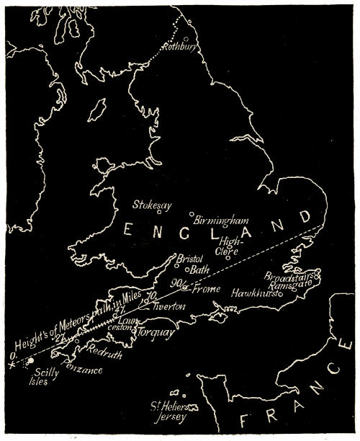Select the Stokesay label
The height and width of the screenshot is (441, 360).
click(152, 205)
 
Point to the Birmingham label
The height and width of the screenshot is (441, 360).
click(220, 220)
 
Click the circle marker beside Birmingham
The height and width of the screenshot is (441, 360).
click(192, 214)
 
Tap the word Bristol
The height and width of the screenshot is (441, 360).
click(192, 259)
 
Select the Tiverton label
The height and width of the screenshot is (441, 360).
click(168, 307)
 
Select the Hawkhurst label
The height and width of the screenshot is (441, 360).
click(257, 293)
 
